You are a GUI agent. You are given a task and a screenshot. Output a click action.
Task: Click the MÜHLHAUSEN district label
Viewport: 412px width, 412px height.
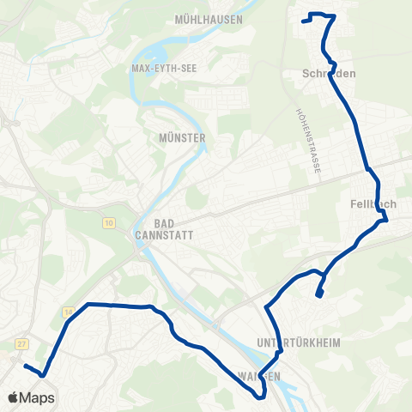[x=209, y=19]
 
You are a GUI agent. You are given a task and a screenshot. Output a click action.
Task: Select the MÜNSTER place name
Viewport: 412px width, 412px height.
[x=182, y=137]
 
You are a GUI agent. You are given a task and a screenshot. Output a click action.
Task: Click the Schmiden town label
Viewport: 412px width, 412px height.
[x=329, y=74]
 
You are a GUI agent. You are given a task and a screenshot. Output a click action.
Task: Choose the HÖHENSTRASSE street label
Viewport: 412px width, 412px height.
[x=308, y=142]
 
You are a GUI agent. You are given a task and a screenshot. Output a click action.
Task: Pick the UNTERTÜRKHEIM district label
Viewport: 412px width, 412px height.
[x=299, y=342]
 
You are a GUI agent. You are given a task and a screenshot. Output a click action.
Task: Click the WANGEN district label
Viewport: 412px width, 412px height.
[x=259, y=377]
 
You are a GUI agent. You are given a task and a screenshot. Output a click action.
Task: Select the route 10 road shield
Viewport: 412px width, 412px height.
[x=108, y=224]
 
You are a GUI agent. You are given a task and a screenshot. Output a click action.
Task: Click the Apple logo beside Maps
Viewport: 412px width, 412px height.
[x=14, y=398]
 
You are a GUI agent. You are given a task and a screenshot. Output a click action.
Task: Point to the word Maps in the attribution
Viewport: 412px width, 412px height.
[x=39, y=398]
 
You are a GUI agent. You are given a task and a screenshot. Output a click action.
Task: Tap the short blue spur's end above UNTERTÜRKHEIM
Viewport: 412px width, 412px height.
[x=318, y=296]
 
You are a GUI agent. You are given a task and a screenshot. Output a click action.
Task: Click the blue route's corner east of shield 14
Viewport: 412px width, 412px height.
[x=87, y=304]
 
